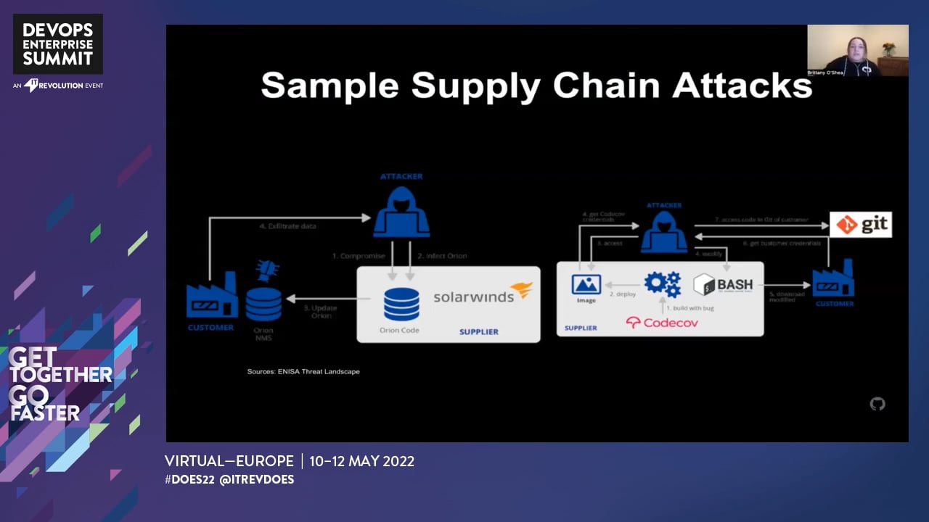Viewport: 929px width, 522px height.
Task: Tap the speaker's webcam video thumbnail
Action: [x=857, y=51]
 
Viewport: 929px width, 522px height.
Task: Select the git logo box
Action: [x=861, y=225]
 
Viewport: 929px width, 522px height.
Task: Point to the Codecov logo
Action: [x=661, y=323]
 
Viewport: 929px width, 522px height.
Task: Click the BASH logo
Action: [x=723, y=284]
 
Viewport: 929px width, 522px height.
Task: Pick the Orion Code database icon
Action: [x=401, y=304]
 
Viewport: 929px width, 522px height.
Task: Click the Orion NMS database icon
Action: [x=263, y=304]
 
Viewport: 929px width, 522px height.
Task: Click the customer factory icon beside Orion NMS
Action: [x=212, y=296]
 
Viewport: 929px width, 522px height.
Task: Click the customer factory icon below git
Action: [x=833, y=279]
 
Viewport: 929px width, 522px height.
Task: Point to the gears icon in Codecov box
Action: [x=662, y=283]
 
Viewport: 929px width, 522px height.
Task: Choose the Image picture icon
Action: [x=586, y=284]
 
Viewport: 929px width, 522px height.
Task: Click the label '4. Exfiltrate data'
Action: [x=288, y=226]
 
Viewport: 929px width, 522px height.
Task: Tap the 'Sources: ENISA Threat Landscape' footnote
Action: [x=303, y=371]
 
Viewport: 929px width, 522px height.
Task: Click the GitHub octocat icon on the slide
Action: [x=877, y=404]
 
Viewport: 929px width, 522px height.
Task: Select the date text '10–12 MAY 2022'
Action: [x=361, y=461]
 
